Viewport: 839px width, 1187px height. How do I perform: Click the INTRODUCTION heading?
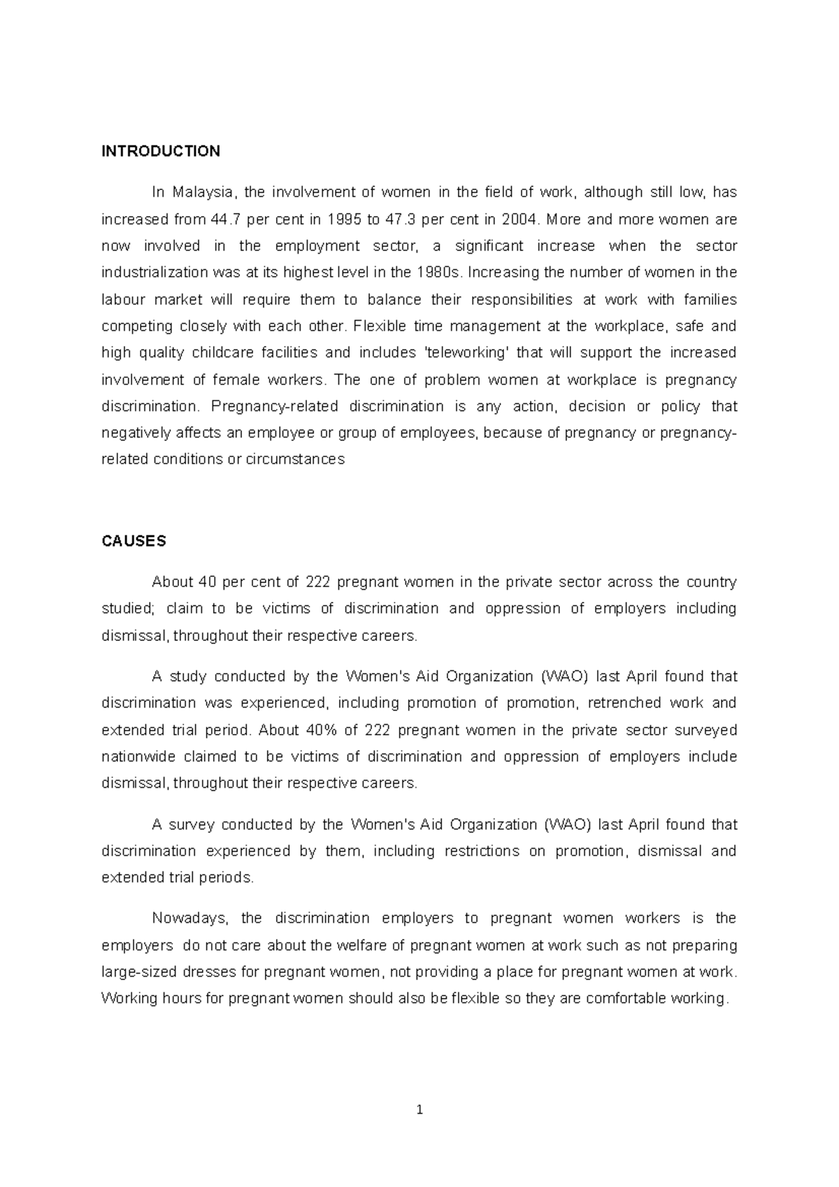pyautogui.click(x=161, y=151)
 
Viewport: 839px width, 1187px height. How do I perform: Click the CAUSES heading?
pyautogui.click(x=134, y=541)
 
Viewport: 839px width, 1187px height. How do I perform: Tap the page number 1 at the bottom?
pyautogui.click(x=419, y=1109)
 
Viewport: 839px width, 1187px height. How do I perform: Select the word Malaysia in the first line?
pyautogui.click(x=206, y=192)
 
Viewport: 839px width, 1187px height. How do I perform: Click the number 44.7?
pyautogui.click(x=226, y=220)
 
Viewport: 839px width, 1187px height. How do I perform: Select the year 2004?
pyautogui.click(x=517, y=220)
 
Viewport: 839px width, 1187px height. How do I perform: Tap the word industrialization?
pyautogui.click(x=155, y=273)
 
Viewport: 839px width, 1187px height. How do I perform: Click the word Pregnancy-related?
pyautogui.click(x=274, y=407)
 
